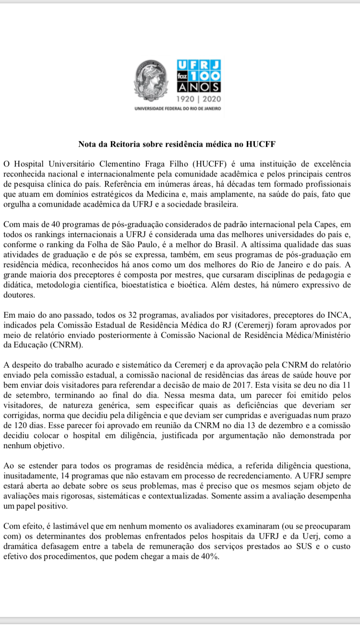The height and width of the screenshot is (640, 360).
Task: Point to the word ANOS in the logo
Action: pos(199,87)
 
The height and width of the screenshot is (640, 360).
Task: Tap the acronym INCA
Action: pos(341,315)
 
